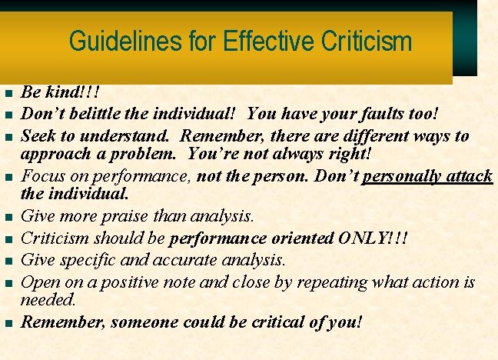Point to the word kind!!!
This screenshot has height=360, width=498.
pos(74,93)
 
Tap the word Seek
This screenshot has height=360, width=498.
pos(37,136)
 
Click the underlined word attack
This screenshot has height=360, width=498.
pos(469,176)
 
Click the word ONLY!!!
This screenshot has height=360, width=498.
pos(373,238)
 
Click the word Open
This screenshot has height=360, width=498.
pos(38,282)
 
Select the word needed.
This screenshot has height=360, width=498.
pos(48,299)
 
